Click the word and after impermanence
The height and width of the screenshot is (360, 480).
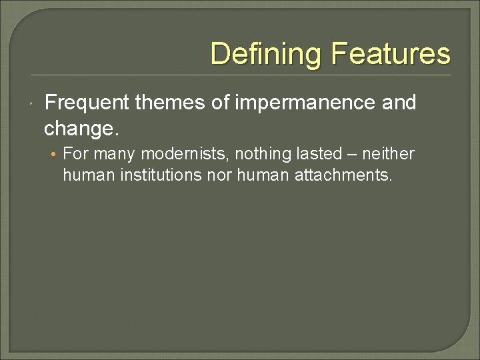point(400,103)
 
